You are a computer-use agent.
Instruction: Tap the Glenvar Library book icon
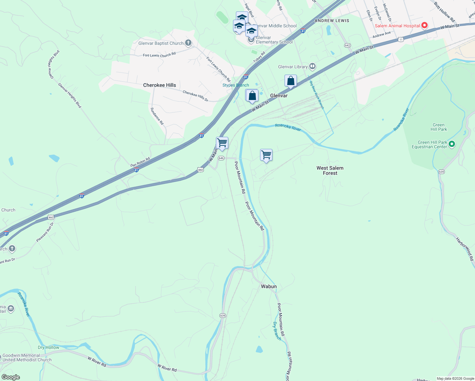click(x=312, y=66)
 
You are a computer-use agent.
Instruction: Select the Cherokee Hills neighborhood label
click(x=159, y=85)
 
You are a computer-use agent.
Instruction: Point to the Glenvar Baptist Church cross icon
click(x=188, y=43)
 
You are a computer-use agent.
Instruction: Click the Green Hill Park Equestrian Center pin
click(x=452, y=144)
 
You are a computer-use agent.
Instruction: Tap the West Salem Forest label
click(x=330, y=170)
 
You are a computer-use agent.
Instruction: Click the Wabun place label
click(x=269, y=286)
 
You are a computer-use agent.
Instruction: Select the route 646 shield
click(x=221, y=158)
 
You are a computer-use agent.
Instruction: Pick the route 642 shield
click(x=347, y=45)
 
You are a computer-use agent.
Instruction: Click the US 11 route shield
click(x=401, y=39)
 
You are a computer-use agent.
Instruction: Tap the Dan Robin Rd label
click(x=140, y=162)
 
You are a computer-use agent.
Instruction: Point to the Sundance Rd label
click(x=157, y=116)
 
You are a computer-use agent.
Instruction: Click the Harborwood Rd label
click(x=465, y=249)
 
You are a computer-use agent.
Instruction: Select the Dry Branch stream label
click(x=277, y=331)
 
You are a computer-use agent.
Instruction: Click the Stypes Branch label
click(x=236, y=85)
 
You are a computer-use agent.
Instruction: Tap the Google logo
click(x=10, y=377)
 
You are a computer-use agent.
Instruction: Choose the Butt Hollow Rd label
click(x=445, y=12)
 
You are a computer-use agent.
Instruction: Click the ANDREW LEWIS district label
click(x=332, y=21)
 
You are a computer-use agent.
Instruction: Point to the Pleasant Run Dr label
click(x=45, y=232)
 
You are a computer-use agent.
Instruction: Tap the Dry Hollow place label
click(x=49, y=347)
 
